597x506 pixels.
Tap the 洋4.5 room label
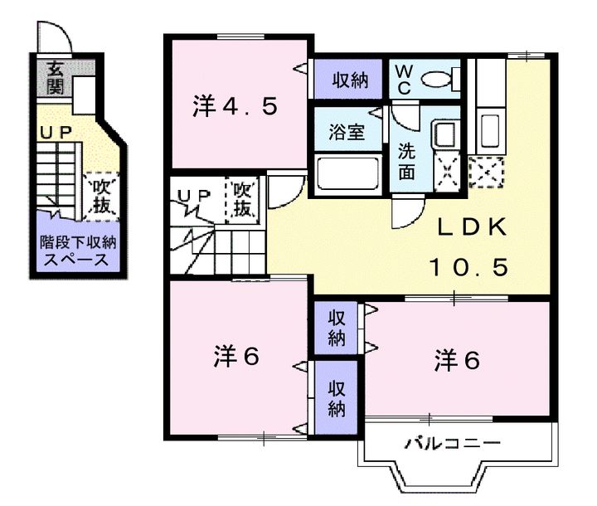pyautogui.click(x=235, y=106)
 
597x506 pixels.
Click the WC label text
pyautogui.click(x=404, y=80)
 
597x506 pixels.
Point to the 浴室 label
pyautogui.click(x=347, y=131)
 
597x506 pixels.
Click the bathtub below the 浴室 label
pyautogui.click(x=347, y=173)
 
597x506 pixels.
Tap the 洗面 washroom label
pyautogui.click(x=406, y=161)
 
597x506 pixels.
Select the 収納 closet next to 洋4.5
pyautogui.click(x=350, y=80)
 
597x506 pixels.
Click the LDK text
pyautogui.click(x=472, y=227)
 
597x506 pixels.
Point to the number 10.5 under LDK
pyautogui.click(x=469, y=267)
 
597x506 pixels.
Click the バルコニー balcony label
pyautogui.click(x=453, y=443)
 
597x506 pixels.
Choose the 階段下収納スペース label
pyautogui.click(x=78, y=251)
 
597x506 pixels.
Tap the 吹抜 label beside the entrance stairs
pyautogui.click(x=102, y=197)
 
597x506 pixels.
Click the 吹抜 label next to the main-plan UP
pyautogui.click(x=242, y=199)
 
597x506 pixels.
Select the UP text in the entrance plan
pyautogui.click(x=56, y=133)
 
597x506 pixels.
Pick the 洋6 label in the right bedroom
pyautogui.click(x=457, y=361)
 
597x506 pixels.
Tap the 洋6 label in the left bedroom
pyautogui.click(x=236, y=356)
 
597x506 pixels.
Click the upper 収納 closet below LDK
pyautogui.click(x=336, y=328)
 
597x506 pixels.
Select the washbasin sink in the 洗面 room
pyautogui.click(x=444, y=134)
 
